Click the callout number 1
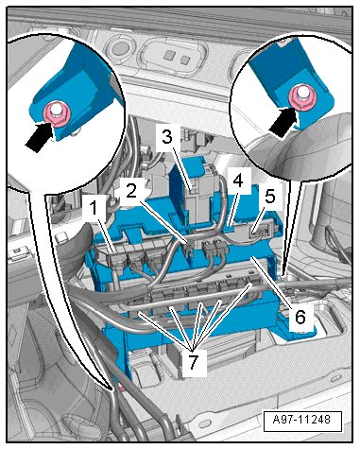pyautogui.click(x=94, y=209)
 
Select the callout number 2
pyautogui.click(x=131, y=190)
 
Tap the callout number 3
pyautogui.click(x=167, y=136)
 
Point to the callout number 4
pyautogui.click(x=238, y=181)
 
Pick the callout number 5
pyautogui.click(x=270, y=196)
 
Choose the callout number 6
pyautogui.click(x=300, y=317)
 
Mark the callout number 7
pyautogui.click(x=193, y=361)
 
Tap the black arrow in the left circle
pyautogui.click(x=40, y=136)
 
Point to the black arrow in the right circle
pyautogui.click(x=283, y=121)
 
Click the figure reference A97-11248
pyautogui.click(x=301, y=420)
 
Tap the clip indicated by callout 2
pyautogui.click(x=188, y=249)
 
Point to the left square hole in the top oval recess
pyautogui.click(x=169, y=55)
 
